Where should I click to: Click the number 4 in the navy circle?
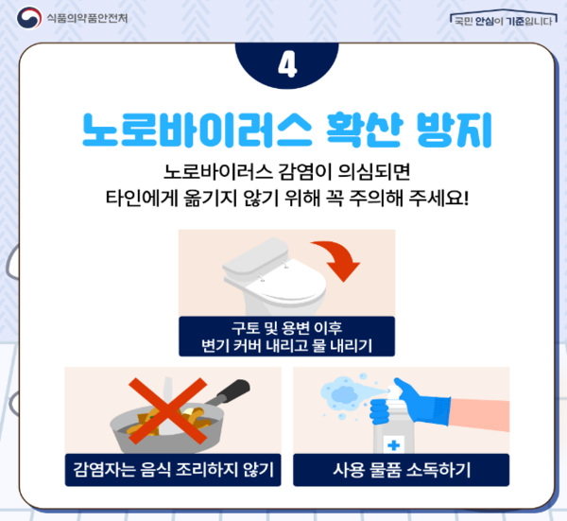pos(284,64)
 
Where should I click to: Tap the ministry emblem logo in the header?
pos(26,18)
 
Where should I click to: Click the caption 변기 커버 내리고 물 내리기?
pos(286,345)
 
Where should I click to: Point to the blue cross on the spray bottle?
pos(393,444)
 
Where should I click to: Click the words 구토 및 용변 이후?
pos(286,328)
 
